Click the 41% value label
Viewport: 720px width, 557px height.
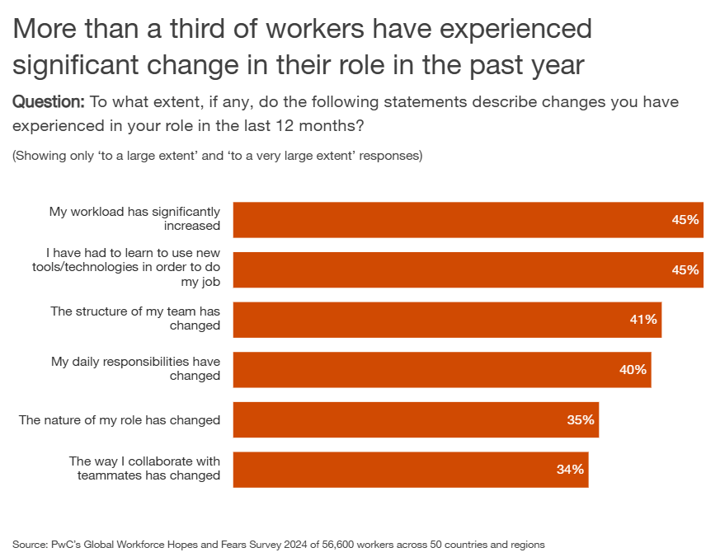[x=642, y=320]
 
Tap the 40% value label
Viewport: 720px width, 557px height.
[x=633, y=370]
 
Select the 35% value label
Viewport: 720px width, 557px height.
[x=580, y=420]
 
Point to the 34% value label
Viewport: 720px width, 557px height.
[x=570, y=470]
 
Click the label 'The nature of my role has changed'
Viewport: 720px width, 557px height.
[x=120, y=420]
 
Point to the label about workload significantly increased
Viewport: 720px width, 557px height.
[x=134, y=218]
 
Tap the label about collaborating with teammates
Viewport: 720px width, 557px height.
[x=144, y=468]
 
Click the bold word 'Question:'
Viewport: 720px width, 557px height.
[x=49, y=102]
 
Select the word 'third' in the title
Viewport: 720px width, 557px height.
[x=205, y=30]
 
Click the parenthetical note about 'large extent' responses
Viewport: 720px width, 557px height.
[x=218, y=156]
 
